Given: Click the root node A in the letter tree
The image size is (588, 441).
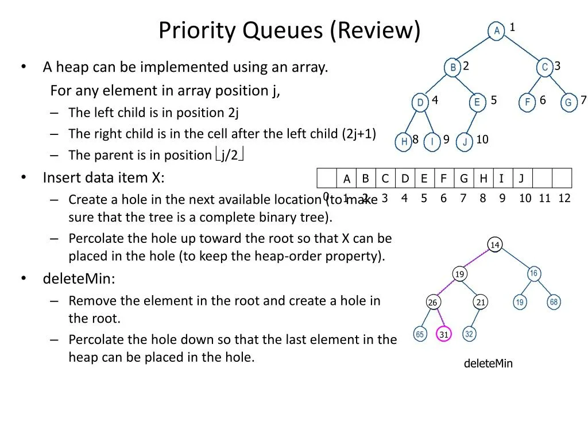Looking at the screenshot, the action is click(x=496, y=30).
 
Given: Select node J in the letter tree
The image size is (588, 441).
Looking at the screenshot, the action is click(x=464, y=142).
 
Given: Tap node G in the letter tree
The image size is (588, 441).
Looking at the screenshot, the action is click(x=568, y=102).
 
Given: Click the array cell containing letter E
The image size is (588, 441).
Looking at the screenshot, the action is click(x=424, y=178).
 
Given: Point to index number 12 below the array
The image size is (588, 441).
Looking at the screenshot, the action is click(x=564, y=198).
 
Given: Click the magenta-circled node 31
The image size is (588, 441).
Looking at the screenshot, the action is click(x=444, y=334).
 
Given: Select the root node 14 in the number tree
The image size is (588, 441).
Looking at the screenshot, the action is click(x=495, y=245).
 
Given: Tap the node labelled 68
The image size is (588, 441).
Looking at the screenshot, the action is click(x=554, y=302).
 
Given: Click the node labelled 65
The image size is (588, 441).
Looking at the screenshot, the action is click(x=420, y=334).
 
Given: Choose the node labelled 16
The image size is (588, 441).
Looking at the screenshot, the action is click(x=533, y=273).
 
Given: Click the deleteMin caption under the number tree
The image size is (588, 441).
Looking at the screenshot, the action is click(x=488, y=363).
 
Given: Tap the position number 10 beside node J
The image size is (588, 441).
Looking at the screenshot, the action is click(x=482, y=140).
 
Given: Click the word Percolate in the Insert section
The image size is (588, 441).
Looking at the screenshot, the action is click(x=96, y=238).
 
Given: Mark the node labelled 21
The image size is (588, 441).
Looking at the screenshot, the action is click(x=481, y=302).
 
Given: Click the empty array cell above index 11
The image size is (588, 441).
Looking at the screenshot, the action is click(x=542, y=178).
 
